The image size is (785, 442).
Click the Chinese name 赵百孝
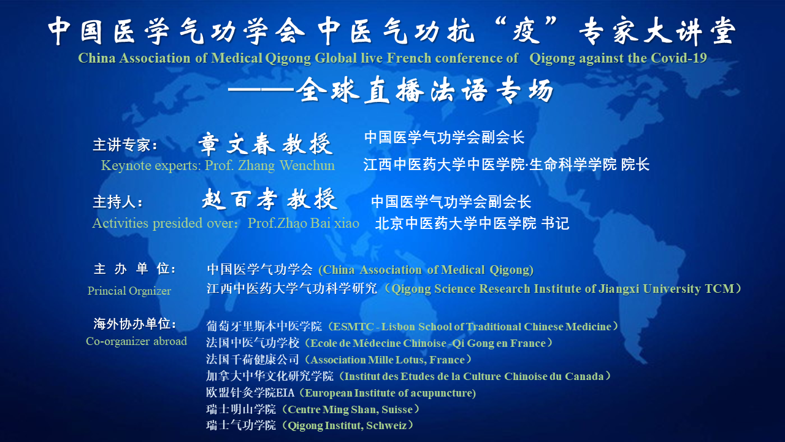[240, 199]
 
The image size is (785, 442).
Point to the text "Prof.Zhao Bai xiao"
[304, 223]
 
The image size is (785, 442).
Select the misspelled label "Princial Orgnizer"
[129, 291]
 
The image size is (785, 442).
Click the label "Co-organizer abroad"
[136, 341]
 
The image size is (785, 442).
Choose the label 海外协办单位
[134, 324]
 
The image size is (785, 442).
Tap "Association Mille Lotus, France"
[388, 360]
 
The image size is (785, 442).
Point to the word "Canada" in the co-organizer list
[584, 376]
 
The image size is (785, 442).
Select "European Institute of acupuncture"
[389, 393]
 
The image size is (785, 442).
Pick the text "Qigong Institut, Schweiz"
[347, 425]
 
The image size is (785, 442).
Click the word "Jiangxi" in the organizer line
[619, 289]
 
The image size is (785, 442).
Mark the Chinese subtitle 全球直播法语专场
[424, 90]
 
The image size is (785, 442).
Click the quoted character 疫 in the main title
[526, 31]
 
